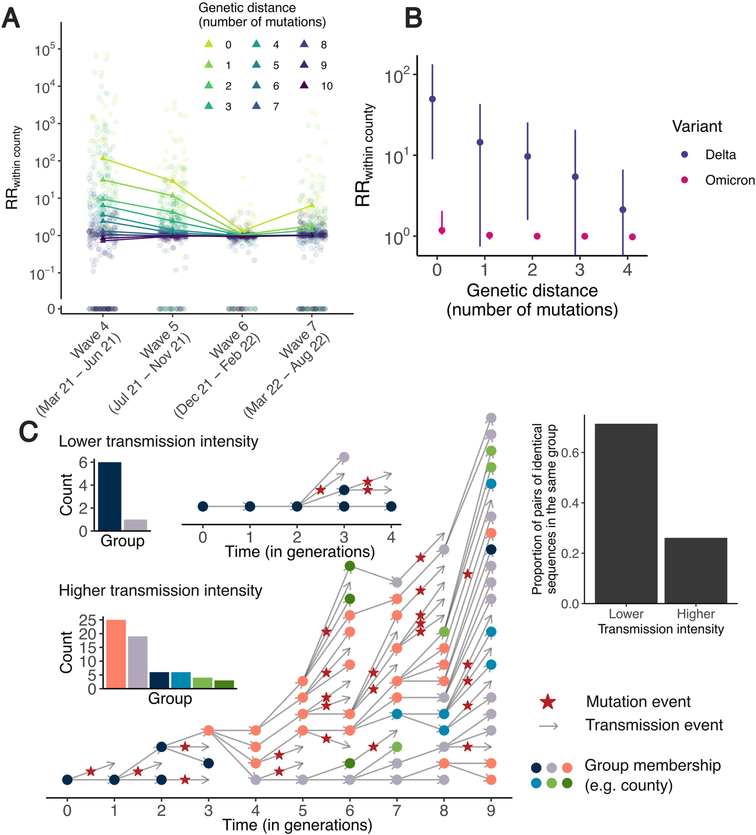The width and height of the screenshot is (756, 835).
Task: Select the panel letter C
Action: coord(29,432)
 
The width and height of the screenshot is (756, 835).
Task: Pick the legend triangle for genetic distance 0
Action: coord(209,44)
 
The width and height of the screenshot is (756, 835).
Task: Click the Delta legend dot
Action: coord(684,154)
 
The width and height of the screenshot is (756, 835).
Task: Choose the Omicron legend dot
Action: coord(684,180)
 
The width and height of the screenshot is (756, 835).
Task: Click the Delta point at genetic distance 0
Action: coord(432,99)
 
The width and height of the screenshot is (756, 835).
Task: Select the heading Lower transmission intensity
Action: coord(159,442)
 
